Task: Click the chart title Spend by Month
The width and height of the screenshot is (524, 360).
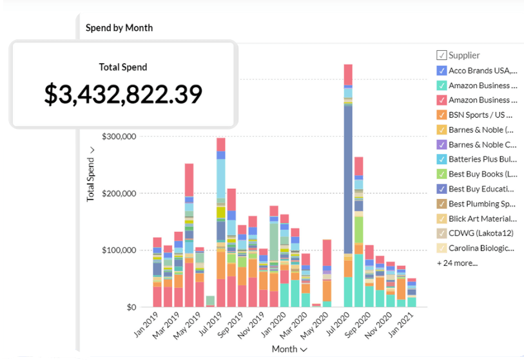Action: pyautogui.click(x=119, y=28)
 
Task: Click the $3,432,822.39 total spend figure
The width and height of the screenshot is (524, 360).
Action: pyautogui.click(x=123, y=94)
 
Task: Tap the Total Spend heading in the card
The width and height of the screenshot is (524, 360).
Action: pyautogui.click(x=123, y=67)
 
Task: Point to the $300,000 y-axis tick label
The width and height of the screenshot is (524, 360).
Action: pyautogui.click(x=121, y=137)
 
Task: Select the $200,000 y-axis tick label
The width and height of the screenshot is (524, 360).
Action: pyautogui.click(x=121, y=193)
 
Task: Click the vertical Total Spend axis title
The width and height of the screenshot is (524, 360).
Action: pyautogui.click(x=91, y=174)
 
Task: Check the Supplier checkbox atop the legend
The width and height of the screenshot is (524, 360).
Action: pyautogui.click(x=442, y=55)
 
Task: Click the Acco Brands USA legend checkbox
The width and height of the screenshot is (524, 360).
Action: pyautogui.click(x=442, y=71)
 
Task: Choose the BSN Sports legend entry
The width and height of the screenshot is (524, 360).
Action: pyautogui.click(x=480, y=115)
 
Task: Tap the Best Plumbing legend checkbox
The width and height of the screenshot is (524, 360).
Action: pyautogui.click(x=442, y=204)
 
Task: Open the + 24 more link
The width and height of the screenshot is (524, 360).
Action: pyautogui.click(x=457, y=263)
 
